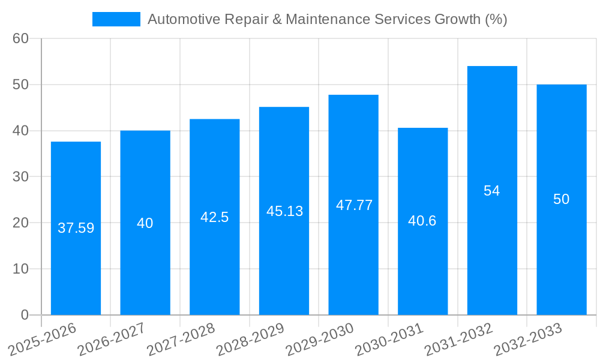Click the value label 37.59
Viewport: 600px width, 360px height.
76,228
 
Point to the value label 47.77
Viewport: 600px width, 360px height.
354,205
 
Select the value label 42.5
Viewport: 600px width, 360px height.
214,217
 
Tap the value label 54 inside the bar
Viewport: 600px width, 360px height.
492,191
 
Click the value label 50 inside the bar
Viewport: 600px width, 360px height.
561,199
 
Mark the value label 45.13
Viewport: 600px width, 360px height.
284,211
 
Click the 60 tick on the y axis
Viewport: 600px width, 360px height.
20,38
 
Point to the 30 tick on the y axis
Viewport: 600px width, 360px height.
20,176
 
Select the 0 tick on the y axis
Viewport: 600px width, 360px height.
25,315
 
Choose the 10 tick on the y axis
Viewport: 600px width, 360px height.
20,269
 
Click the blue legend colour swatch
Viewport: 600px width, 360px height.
116,19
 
